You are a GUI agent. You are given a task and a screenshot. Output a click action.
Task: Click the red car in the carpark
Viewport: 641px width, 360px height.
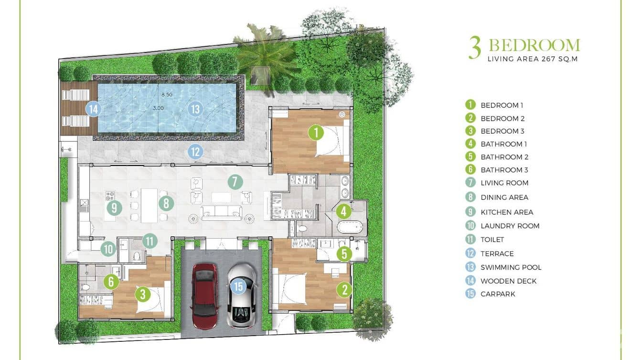204,296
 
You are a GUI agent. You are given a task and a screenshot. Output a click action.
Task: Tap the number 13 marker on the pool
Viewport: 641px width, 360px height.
195,109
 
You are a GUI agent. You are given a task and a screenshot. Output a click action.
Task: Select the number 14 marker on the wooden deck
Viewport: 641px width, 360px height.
94,109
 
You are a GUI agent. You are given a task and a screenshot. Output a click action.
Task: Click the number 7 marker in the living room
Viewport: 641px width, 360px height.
235,181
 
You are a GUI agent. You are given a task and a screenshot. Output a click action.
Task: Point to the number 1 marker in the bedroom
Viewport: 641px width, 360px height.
316,133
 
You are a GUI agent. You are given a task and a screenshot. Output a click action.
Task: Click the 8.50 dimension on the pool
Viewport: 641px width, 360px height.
167,95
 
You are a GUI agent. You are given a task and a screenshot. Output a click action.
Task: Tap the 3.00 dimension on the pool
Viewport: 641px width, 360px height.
158,108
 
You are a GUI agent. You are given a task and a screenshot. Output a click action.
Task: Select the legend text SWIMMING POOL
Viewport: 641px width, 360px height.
511,267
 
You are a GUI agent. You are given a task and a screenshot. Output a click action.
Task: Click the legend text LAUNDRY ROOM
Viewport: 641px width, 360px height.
510,226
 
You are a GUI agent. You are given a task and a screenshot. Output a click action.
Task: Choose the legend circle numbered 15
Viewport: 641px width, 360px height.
470,294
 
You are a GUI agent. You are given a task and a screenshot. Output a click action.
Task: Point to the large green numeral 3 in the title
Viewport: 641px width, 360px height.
475,47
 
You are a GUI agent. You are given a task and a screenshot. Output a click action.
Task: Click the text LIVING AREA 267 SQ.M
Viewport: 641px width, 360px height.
533,59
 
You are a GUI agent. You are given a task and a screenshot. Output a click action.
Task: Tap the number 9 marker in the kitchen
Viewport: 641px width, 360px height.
114,208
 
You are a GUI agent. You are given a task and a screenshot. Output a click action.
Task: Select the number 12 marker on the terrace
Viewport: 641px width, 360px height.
195,152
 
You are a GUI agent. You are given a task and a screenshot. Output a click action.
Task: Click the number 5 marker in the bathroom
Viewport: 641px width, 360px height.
344,254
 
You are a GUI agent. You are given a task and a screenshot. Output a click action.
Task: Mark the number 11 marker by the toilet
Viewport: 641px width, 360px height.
150,241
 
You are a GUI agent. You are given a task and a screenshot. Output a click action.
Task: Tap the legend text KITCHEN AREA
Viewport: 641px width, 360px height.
507,212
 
